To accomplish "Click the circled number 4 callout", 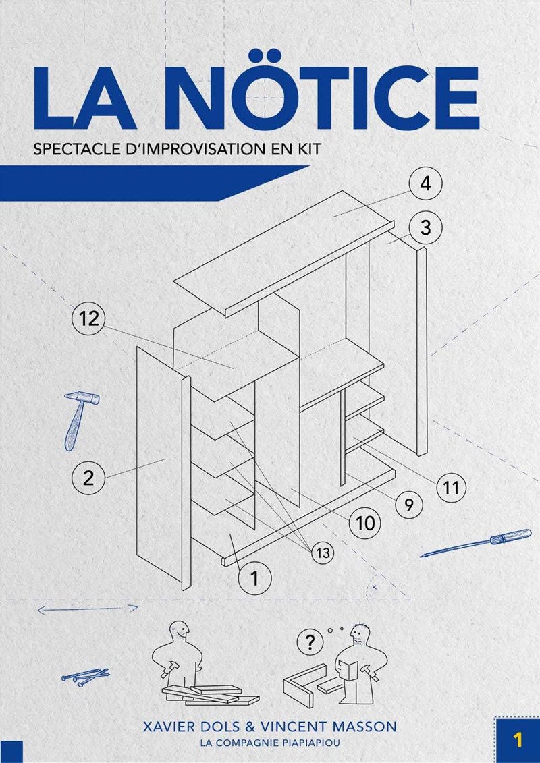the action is pos(425,185).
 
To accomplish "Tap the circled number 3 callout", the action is pos(425,227).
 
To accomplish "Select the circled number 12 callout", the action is pos(88,319).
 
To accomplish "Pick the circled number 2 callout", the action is pos(88,478).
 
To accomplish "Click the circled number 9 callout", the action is pos(408,505).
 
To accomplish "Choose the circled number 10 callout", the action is pos(365,523).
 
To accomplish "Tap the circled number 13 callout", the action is pos(323,553).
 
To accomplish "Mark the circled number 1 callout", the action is pos(254,578).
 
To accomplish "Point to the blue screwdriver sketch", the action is pos(476,542).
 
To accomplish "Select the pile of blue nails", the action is pos(86,677).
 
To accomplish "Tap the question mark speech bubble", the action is pos(308,642).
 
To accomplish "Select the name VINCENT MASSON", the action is pos(320,727).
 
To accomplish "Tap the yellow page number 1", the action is pos(518,741).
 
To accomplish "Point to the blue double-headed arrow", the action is pos(88,608).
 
